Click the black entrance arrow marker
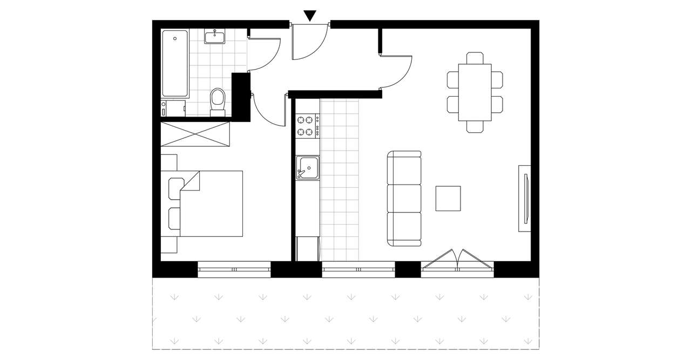(x=309, y=16)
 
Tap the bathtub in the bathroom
(x=175, y=63)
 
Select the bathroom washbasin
(x=215, y=37)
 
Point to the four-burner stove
(x=305, y=126)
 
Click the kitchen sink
(x=307, y=167)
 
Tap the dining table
(x=475, y=93)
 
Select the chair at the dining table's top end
(x=475, y=58)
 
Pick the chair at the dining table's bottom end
(x=475, y=127)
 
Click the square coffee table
(x=448, y=198)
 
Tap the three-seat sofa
(x=404, y=199)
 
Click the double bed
(x=211, y=203)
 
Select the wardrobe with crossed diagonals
(x=196, y=134)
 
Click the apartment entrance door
(x=309, y=42)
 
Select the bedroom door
(x=267, y=111)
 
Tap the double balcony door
(x=458, y=260)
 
